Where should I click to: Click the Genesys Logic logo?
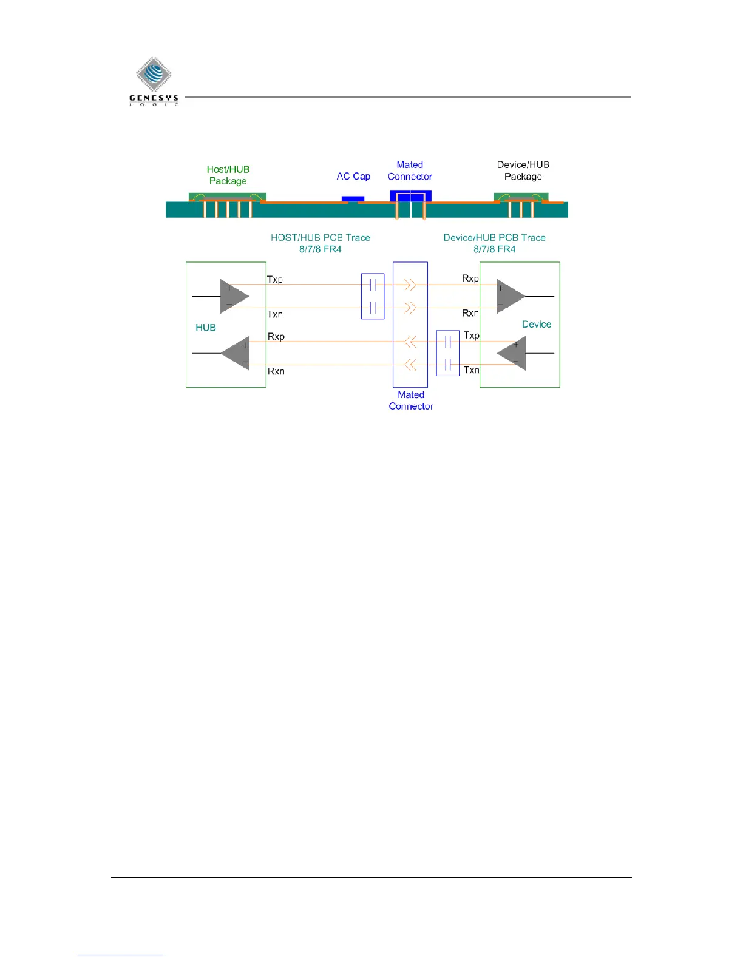tap(154, 81)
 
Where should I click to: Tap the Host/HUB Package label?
tap(228, 175)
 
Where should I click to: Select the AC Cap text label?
tap(353, 177)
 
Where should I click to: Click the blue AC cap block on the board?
tap(353, 198)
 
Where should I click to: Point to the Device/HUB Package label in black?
tap(523, 170)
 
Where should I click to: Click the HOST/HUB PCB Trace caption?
tap(321, 243)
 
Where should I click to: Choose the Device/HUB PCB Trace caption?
tap(494, 243)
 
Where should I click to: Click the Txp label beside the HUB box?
tap(275, 280)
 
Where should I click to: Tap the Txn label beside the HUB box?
tap(275, 314)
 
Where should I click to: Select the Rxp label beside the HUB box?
tap(276, 337)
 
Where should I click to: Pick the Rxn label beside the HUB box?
tap(276, 371)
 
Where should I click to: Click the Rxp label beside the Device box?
tap(470, 278)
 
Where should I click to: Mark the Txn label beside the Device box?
tap(472, 370)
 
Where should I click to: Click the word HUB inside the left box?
tap(206, 328)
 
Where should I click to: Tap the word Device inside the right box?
tap(537, 325)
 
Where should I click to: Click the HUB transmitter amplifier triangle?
tap(233, 296)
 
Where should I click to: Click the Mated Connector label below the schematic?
tap(411, 400)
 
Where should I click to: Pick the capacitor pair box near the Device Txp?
tap(448, 353)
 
